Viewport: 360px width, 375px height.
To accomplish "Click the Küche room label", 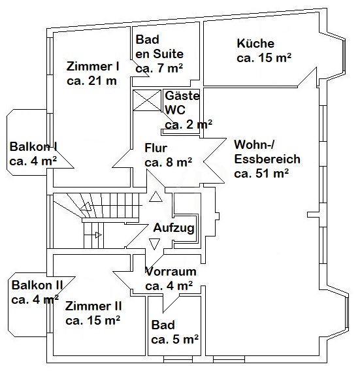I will (x=255, y=44).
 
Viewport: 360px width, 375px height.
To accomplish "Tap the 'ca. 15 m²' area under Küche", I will (x=263, y=57).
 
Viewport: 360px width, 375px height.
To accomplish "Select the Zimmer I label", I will (x=93, y=66).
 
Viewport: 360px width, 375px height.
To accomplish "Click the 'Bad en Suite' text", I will (x=159, y=47).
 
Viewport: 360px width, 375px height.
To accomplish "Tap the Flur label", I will (x=155, y=148).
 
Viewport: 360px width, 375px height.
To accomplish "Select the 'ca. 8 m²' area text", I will (x=168, y=161).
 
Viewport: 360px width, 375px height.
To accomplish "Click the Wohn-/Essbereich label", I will (x=267, y=152).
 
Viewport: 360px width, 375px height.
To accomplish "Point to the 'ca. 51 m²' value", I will (x=261, y=173).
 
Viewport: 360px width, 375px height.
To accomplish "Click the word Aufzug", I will (x=173, y=228).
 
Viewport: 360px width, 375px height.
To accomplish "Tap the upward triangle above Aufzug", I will (x=155, y=197).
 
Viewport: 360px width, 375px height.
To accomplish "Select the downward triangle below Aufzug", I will (x=155, y=244).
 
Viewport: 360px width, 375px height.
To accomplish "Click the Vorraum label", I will (x=170, y=271).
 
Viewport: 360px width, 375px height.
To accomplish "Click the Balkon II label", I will (x=37, y=285).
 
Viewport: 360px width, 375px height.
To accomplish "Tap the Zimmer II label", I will (x=93, y=306).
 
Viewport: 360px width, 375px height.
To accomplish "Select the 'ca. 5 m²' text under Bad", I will (x=174, y=339).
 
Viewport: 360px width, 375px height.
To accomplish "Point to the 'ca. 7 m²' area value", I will (x=159, y=68).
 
